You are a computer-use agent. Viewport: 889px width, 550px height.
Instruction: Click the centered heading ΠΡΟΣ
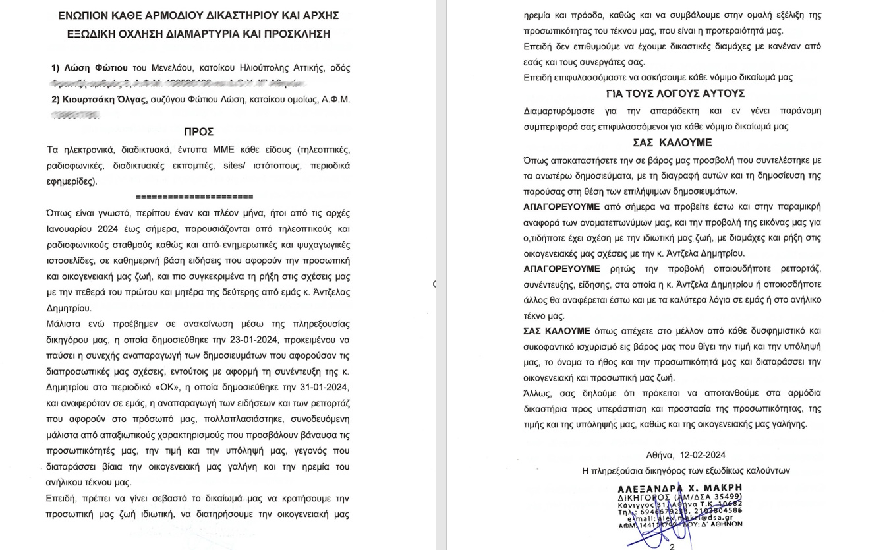click(x=198, y=132)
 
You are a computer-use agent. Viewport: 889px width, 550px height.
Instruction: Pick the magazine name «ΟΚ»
click(x=173, y=387)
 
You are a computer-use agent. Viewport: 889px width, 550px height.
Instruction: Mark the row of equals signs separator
click(x=194, y=197)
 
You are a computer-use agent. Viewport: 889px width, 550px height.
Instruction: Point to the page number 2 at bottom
click(x=672, y=547)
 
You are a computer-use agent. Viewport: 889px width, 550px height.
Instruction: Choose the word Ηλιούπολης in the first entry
click(x=252, y=68)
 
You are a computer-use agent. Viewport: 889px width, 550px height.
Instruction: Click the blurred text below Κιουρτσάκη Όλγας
click(x=76, y=115)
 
